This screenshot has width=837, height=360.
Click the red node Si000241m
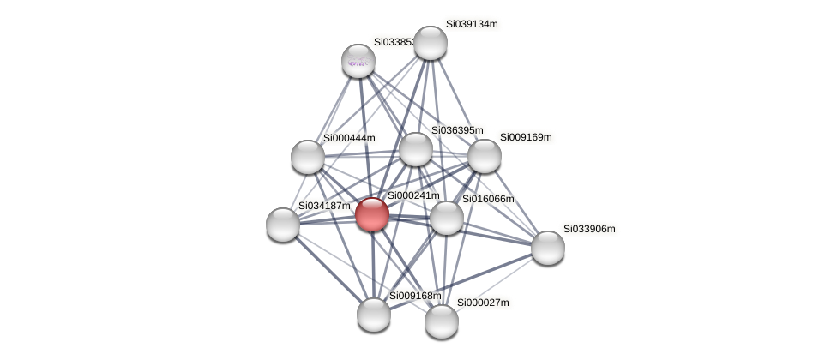[372, 214]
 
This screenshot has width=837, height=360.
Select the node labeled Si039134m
[431, 43]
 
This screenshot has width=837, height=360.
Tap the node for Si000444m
[308, 157]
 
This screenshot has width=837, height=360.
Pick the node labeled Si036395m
[416, 149]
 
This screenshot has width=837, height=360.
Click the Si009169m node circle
[485, 156]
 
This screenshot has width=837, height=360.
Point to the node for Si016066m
[447, 218]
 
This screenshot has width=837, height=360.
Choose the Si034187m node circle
[283, 225]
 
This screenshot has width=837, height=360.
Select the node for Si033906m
[548, 248]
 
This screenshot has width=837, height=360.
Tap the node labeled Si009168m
[374, 315]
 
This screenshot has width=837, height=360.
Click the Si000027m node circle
[442, 321]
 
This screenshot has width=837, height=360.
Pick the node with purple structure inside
[358, 61]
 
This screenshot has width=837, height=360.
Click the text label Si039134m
[472, 24]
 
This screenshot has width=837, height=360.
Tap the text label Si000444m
[349, 138]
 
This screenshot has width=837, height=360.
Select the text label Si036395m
[457, 130]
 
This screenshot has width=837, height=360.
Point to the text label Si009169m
[526, 137]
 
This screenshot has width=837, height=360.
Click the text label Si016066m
[488, 199]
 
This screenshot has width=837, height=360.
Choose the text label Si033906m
[589, 229]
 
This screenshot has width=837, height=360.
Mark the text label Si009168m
[415, 296]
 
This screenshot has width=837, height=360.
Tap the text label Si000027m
[483, 303]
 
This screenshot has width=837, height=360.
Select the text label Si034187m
[324, 206]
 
